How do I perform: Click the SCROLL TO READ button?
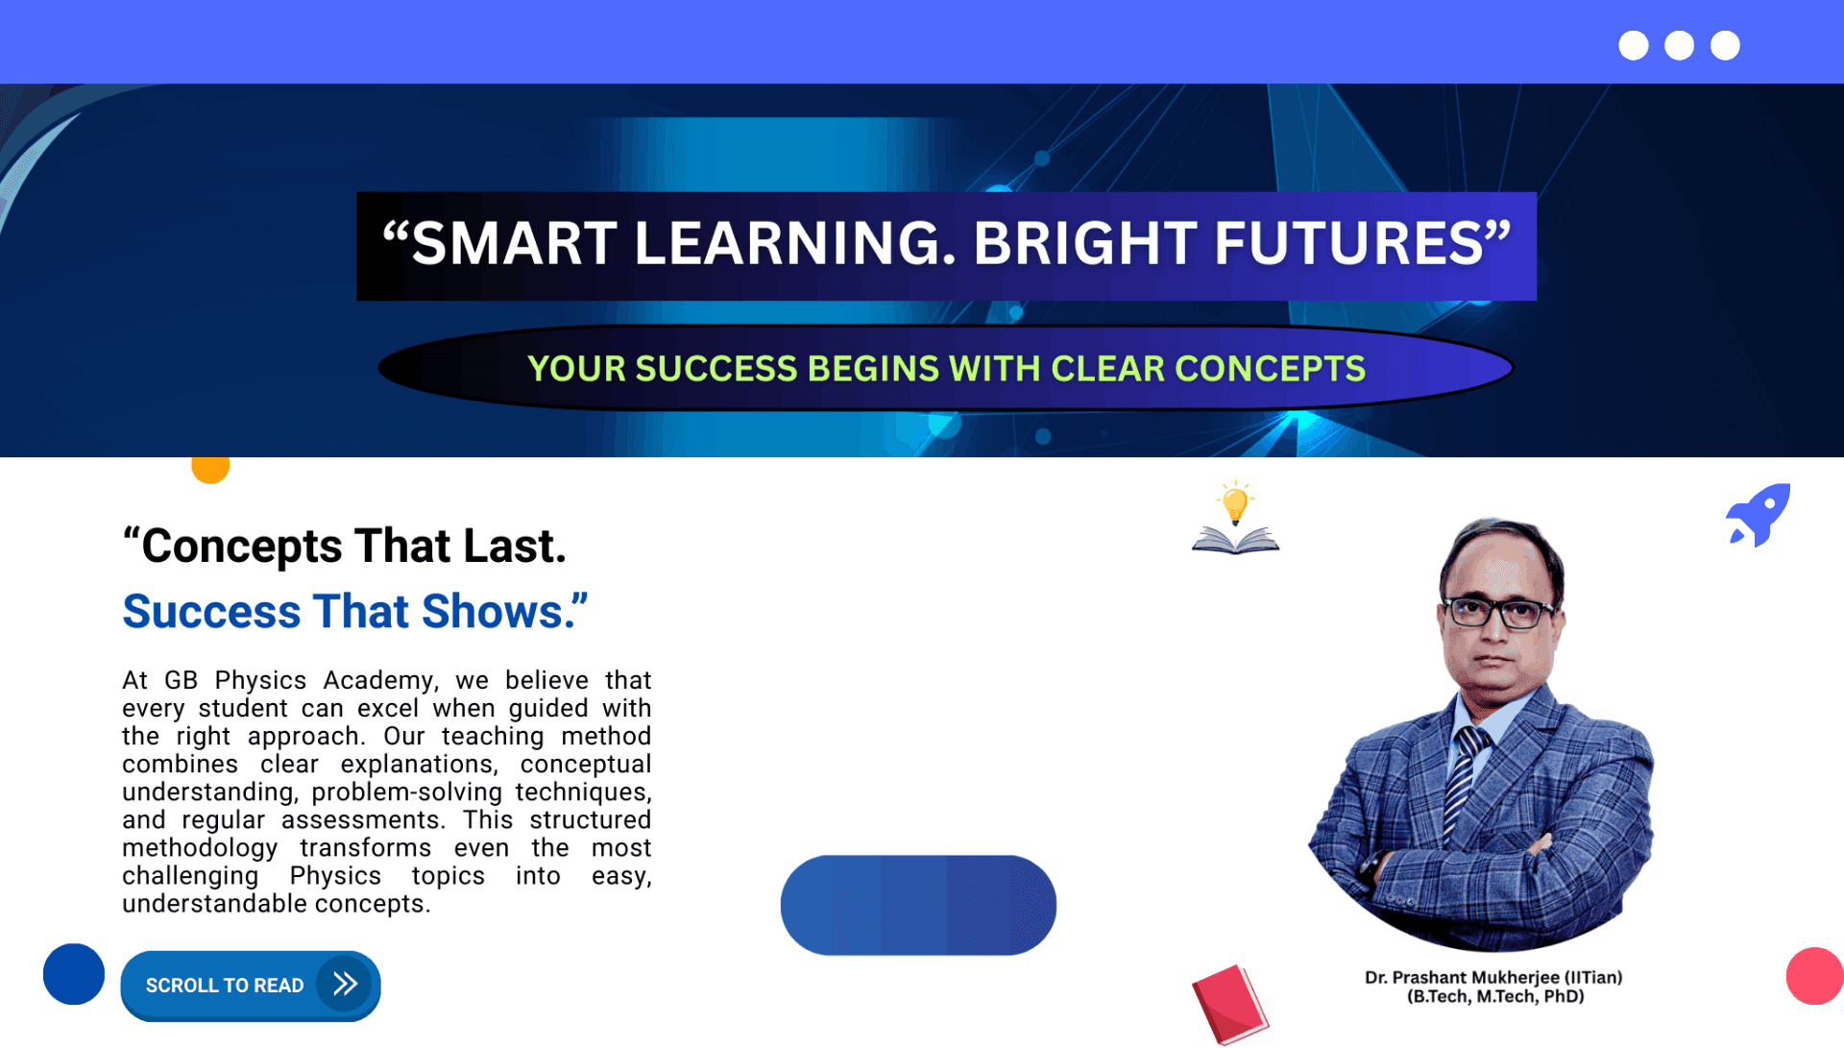pyautogui.click(x=251, y=986)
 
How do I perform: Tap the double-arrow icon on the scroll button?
pyautogui.click(x=345, y=984)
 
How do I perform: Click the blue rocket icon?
pyautogui.click(x=1759, y=515)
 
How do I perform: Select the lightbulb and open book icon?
pyautogui.click(x=1235, y=519)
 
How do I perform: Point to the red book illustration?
pyautogui.click(x=1230, y=1005)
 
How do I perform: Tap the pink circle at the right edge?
pyautogui.click(x=1815, y=976)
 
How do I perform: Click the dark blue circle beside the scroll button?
pyautogui.click(x=74, y=974)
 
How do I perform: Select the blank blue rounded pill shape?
pyautogui.click(x=918, y=905)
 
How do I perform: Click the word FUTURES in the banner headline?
pyautogui.click(x=1349, y=244)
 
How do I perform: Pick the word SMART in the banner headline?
pyautogui.click(x=514, y=244)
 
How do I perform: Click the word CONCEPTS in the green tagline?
pyautogui.click(x=1270, y=369)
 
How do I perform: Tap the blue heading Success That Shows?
pyautogui.click(x=354, y=612)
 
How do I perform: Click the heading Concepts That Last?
pyautogui.click(x=345, y=547)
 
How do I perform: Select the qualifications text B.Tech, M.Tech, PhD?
pyautogui.click(x=1495, y=996)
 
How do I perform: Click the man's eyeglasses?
pyautogui.click(x=1497, y=611)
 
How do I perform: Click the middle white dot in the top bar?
pyautogui.click(x=1679, y=45)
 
